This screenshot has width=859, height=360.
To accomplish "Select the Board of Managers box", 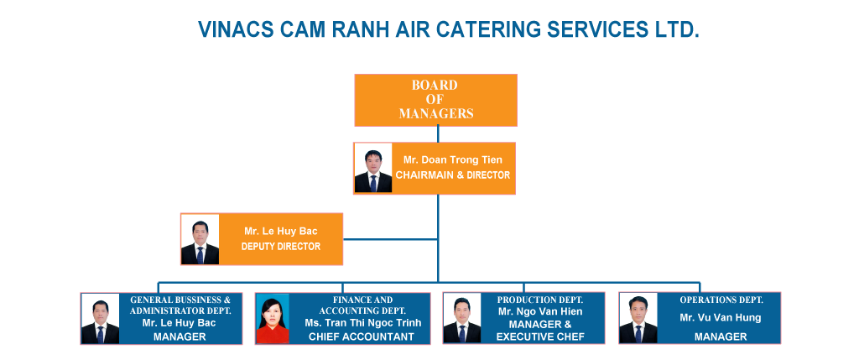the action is pos(436,100).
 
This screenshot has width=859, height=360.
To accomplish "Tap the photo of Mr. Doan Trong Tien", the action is pos(373,168).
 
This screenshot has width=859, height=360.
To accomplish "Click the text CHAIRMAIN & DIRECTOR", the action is pos(453,175).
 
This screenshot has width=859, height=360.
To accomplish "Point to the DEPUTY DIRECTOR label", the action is pos(281,247).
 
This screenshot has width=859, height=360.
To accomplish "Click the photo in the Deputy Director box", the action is pos(200,239).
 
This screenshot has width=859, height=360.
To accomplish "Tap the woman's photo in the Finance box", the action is pos(273,318).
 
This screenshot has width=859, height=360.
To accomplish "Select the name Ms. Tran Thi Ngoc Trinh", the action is pos(363,323).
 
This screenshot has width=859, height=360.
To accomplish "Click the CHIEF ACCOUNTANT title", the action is pos(362,337).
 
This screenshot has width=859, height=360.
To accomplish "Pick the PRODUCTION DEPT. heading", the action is pos(540,300).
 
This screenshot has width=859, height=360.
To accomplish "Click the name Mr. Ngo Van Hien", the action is pos(540,312).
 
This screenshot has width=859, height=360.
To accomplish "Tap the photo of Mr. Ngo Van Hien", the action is pos(462,318).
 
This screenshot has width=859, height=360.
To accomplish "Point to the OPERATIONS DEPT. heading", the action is pos(721,300).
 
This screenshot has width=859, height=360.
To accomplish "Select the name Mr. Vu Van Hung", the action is pos(721,318).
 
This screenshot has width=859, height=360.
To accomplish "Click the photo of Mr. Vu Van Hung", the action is pos(638,318).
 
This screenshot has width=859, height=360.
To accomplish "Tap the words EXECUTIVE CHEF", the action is pos(540,337).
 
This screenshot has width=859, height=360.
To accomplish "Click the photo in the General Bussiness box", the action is pos(101,318).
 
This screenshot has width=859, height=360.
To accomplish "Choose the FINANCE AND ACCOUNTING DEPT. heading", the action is pos(363,305).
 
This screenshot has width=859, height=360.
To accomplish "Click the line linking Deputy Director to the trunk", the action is pos(390,239).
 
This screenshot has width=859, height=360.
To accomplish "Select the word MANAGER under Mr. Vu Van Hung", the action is pos(721,337).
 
